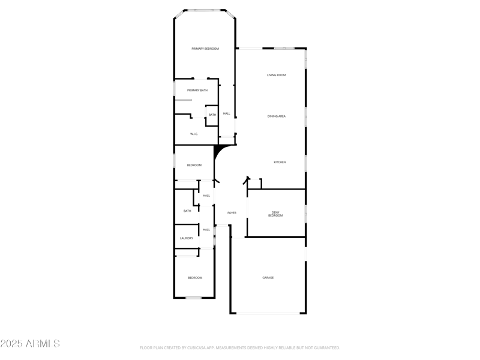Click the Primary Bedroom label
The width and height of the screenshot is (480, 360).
[205, 49]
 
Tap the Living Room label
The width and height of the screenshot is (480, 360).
[277, 75]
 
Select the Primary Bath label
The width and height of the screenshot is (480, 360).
[197, 91]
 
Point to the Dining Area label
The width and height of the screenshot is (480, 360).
[277, 116]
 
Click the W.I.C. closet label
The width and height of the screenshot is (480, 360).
[194, 134]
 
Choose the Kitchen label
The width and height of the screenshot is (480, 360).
[280, 163]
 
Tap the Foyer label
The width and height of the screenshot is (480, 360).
[232, 213]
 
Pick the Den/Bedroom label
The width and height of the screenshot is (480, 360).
[276, 214]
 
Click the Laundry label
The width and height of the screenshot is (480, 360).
[187, 238]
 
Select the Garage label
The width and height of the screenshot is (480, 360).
[268, 278]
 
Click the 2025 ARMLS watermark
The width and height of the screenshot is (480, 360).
[30, 344]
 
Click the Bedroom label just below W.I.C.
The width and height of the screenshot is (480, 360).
[194, 166]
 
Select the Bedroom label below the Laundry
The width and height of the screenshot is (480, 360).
[195, 278]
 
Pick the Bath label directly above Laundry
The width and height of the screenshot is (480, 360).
[187, 211]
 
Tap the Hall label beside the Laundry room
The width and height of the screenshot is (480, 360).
[206, 230]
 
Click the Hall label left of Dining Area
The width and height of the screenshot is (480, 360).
[227, 113]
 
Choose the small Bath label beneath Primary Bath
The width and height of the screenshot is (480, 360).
[212, 115]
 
